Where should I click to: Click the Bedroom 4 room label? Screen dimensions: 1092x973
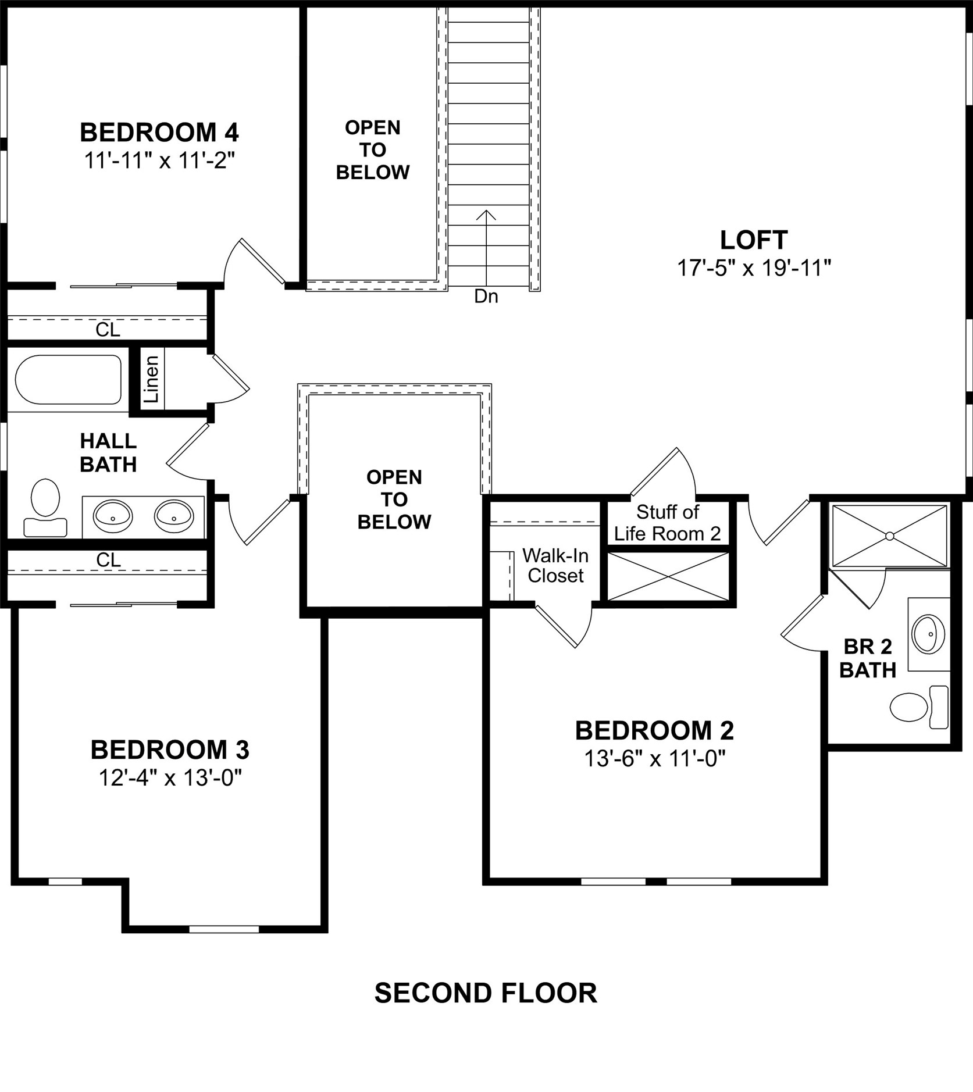(159, 133)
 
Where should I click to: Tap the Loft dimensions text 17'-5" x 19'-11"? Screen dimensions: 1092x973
(754, 268)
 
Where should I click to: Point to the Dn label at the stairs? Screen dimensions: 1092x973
(486, 297)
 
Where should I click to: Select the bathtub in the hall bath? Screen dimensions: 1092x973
(68, 380)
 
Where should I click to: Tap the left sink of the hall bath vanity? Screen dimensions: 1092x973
(113, 516)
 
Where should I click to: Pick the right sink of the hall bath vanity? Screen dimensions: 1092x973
(174, 516)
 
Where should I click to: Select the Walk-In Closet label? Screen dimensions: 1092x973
(555, 565)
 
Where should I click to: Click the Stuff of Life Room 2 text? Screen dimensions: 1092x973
(667, 523)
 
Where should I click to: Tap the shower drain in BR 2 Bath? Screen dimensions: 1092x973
(889, 536)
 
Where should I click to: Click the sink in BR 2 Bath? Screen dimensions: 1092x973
(928, 633)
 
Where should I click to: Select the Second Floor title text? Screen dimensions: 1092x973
(486, 993)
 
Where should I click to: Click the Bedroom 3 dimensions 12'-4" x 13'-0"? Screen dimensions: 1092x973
(170, 777)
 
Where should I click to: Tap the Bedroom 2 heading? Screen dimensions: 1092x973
(654, 730)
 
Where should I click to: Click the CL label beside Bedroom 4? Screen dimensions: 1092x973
(108, 330)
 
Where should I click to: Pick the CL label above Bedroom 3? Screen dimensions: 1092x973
(108, 560)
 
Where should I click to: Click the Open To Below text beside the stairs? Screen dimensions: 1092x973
(372, 150)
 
